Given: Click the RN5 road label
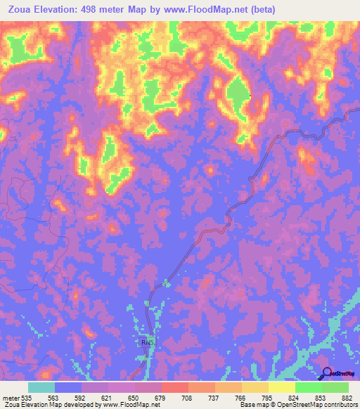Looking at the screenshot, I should [x=146, y=342].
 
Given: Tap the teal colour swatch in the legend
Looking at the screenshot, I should [x=41, y=387].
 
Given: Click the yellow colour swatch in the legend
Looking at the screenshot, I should [x=282, y=387].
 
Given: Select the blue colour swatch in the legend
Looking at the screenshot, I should [x=68, y=387].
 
